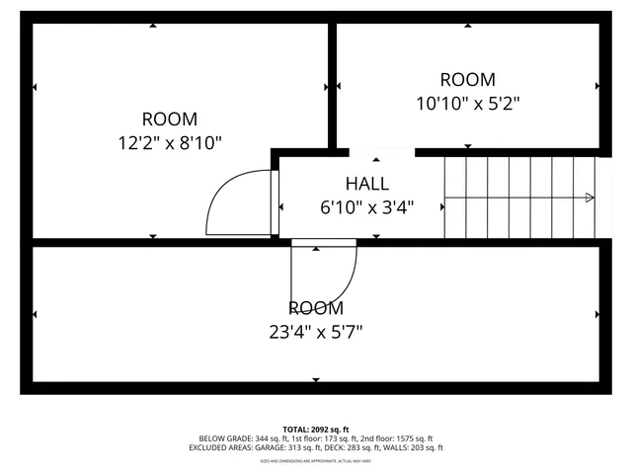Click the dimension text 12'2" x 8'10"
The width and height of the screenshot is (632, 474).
[x=170, y=142]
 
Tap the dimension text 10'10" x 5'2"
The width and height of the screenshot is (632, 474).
[x=467, y=102]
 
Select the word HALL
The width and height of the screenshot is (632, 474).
[x=366, y=184]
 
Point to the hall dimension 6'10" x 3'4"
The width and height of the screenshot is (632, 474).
[x=366, y=207]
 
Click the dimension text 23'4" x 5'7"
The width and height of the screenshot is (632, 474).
[x=316, y=332]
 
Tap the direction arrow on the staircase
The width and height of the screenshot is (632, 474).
[x=589, y=197]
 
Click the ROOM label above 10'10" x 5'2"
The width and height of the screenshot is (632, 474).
[x=467, y=80]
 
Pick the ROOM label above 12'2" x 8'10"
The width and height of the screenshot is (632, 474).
[x=170, y=118]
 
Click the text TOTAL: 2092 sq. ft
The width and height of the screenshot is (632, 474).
[x=316, y=430]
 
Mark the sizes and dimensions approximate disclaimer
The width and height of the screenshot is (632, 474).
[x=316, y=460]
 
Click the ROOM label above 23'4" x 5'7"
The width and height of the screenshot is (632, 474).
[x=316, y=308]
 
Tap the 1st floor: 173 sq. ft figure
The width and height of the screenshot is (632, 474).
[x=318, y=438]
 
